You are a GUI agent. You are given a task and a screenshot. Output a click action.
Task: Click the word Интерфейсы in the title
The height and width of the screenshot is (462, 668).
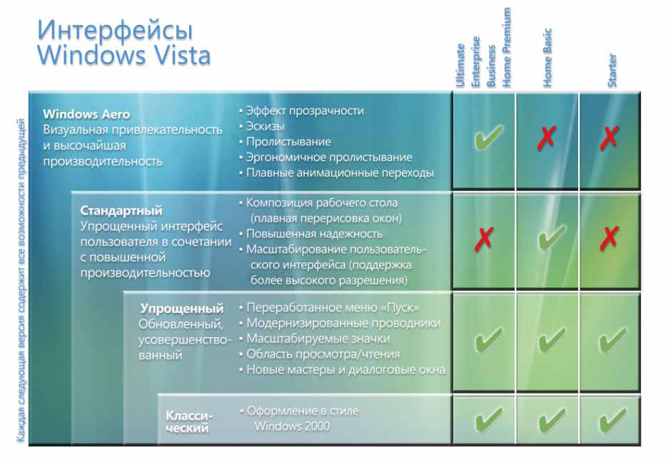point(115,30)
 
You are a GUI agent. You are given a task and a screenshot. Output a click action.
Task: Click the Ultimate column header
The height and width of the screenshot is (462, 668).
point(460,66)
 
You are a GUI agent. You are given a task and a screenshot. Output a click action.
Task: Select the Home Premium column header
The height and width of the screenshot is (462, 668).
point(506,47)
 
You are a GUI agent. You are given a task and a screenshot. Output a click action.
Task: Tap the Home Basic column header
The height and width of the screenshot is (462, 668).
point(547,58)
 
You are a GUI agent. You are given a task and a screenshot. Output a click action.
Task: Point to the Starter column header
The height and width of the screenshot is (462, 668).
point(612,70)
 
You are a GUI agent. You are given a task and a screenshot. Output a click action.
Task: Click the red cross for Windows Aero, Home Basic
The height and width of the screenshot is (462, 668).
point(547,138)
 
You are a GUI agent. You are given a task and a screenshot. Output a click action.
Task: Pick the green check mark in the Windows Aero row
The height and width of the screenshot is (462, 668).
point(488,138)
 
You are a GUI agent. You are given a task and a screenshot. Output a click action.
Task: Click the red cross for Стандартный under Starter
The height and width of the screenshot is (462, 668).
point(609,238)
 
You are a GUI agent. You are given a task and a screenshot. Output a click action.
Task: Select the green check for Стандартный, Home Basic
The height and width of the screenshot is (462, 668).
point(552,237)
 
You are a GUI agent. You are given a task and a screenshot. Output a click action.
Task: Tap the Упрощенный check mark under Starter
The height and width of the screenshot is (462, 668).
point(612,340)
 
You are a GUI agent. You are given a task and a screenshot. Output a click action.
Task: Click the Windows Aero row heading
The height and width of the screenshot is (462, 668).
point(86,114)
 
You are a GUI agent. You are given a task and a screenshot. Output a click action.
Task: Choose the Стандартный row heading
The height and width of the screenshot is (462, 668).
point(121,210)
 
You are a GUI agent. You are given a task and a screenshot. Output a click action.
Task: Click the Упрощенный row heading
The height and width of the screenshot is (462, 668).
point(182,309)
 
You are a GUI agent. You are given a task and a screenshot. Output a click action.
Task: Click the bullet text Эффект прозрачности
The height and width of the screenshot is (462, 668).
point(305,111)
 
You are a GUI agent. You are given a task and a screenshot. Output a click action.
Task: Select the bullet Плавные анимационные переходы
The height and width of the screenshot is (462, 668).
point(340,173)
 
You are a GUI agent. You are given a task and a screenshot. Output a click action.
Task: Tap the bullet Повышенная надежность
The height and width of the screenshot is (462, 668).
point(315,234)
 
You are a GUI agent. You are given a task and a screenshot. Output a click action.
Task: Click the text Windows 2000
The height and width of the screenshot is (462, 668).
point(293,426)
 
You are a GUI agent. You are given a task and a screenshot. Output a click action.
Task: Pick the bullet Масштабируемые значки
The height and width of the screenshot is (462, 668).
point(318,339)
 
